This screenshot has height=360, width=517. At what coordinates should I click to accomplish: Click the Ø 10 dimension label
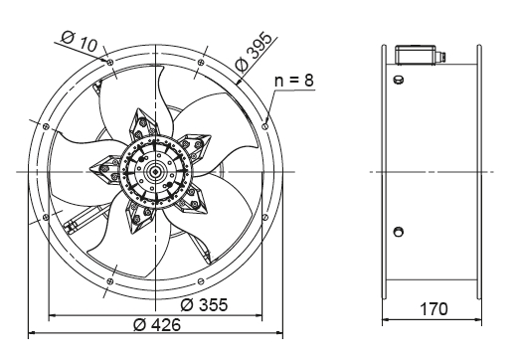pos(80,42)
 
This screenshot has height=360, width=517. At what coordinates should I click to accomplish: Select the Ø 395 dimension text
pos(255,52)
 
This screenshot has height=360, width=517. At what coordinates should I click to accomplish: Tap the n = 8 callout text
pos(294,81)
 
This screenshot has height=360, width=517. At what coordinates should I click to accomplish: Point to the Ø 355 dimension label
pos(204,305)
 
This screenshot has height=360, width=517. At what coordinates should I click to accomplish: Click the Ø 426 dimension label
pos(157,324)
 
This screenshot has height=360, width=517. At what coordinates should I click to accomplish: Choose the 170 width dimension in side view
pos(433,309)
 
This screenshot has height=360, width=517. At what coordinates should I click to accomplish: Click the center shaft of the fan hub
pos(155,171)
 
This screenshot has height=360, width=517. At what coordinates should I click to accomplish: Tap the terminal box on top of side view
pos(415,54)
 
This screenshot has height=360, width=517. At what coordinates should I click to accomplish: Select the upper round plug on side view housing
pos(398,80)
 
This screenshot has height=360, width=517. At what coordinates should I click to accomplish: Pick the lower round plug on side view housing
pos(398,232)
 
